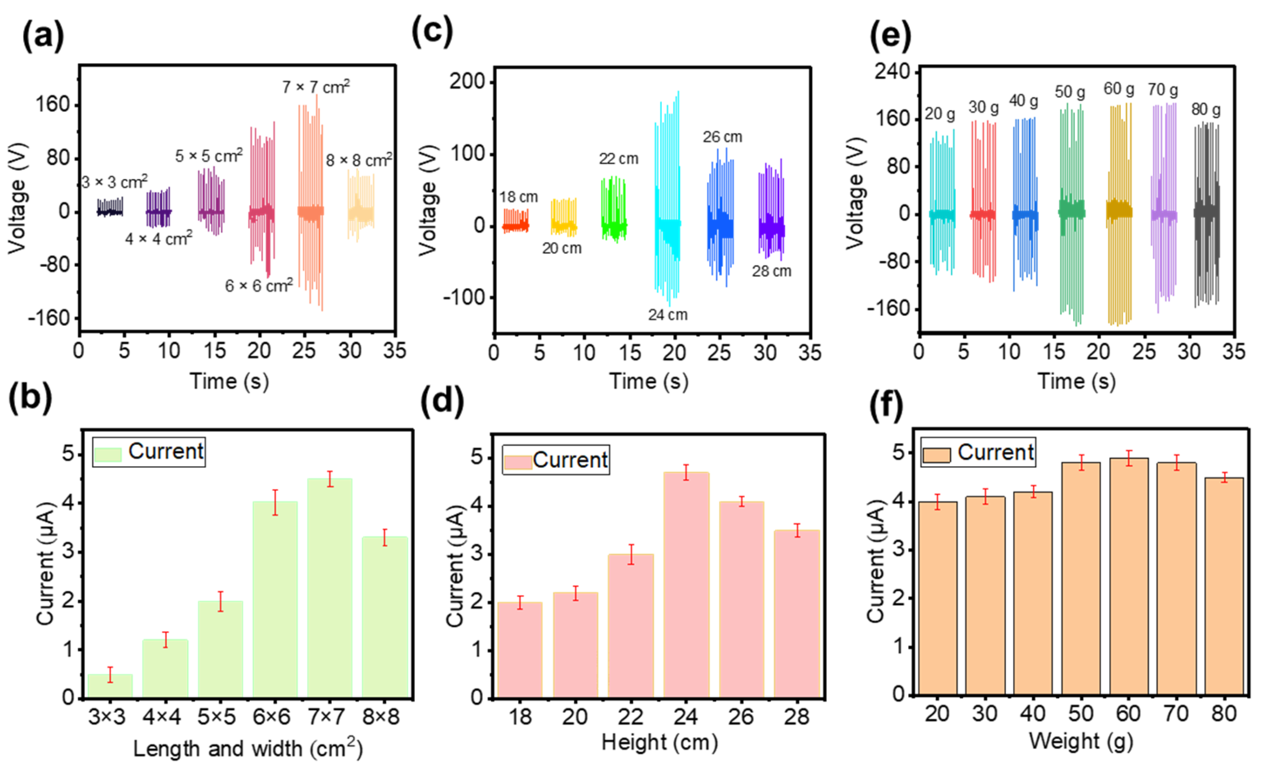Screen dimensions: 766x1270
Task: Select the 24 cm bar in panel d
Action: click(685, 585)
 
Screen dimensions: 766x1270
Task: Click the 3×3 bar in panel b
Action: click(110, 686)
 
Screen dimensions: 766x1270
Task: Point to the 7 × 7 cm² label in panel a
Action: click(316, 87)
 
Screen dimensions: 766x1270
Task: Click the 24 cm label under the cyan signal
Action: click(668, 315)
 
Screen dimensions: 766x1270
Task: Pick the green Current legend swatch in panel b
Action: click(108, 454)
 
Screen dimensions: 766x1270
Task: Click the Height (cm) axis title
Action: click(659, 742)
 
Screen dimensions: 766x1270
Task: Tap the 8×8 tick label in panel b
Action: click(380, 717)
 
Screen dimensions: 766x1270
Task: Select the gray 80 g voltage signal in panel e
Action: click(1206, 211)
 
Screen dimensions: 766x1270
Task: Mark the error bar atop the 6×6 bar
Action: click(275, 502)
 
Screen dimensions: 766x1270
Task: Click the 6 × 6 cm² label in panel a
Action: click(259, 285)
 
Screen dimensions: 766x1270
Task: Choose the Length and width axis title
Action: click(248, 748)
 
